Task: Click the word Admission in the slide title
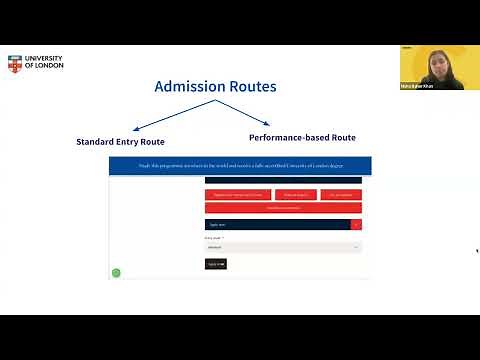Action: coord(187,87)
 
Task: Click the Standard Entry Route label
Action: coord(120,142)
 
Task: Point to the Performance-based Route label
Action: coord(302,137)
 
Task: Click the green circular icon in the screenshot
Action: coord(116,272)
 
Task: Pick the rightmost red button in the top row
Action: coord(341,195)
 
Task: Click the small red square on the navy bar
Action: coord(356,224)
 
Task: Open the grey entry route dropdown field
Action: coord(283,246)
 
